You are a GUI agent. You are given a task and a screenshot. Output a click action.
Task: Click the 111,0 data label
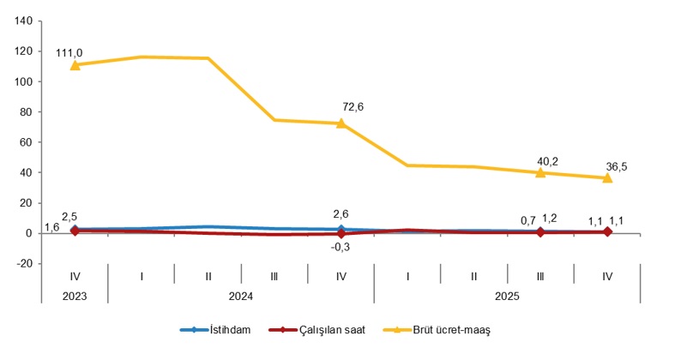point(70,53)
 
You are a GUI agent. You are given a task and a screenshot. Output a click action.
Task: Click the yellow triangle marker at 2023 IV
point(75,65)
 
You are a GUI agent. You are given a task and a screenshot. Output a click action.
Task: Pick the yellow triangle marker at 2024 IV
point(341,123)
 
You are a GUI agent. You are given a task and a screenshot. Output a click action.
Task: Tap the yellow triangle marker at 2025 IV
point(607,177)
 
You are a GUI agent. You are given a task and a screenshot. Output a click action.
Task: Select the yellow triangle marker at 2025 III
point(540,172)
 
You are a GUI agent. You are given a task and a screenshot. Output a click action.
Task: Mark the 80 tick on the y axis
point(24,112)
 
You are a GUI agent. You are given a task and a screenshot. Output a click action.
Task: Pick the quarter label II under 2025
point(473,276)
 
